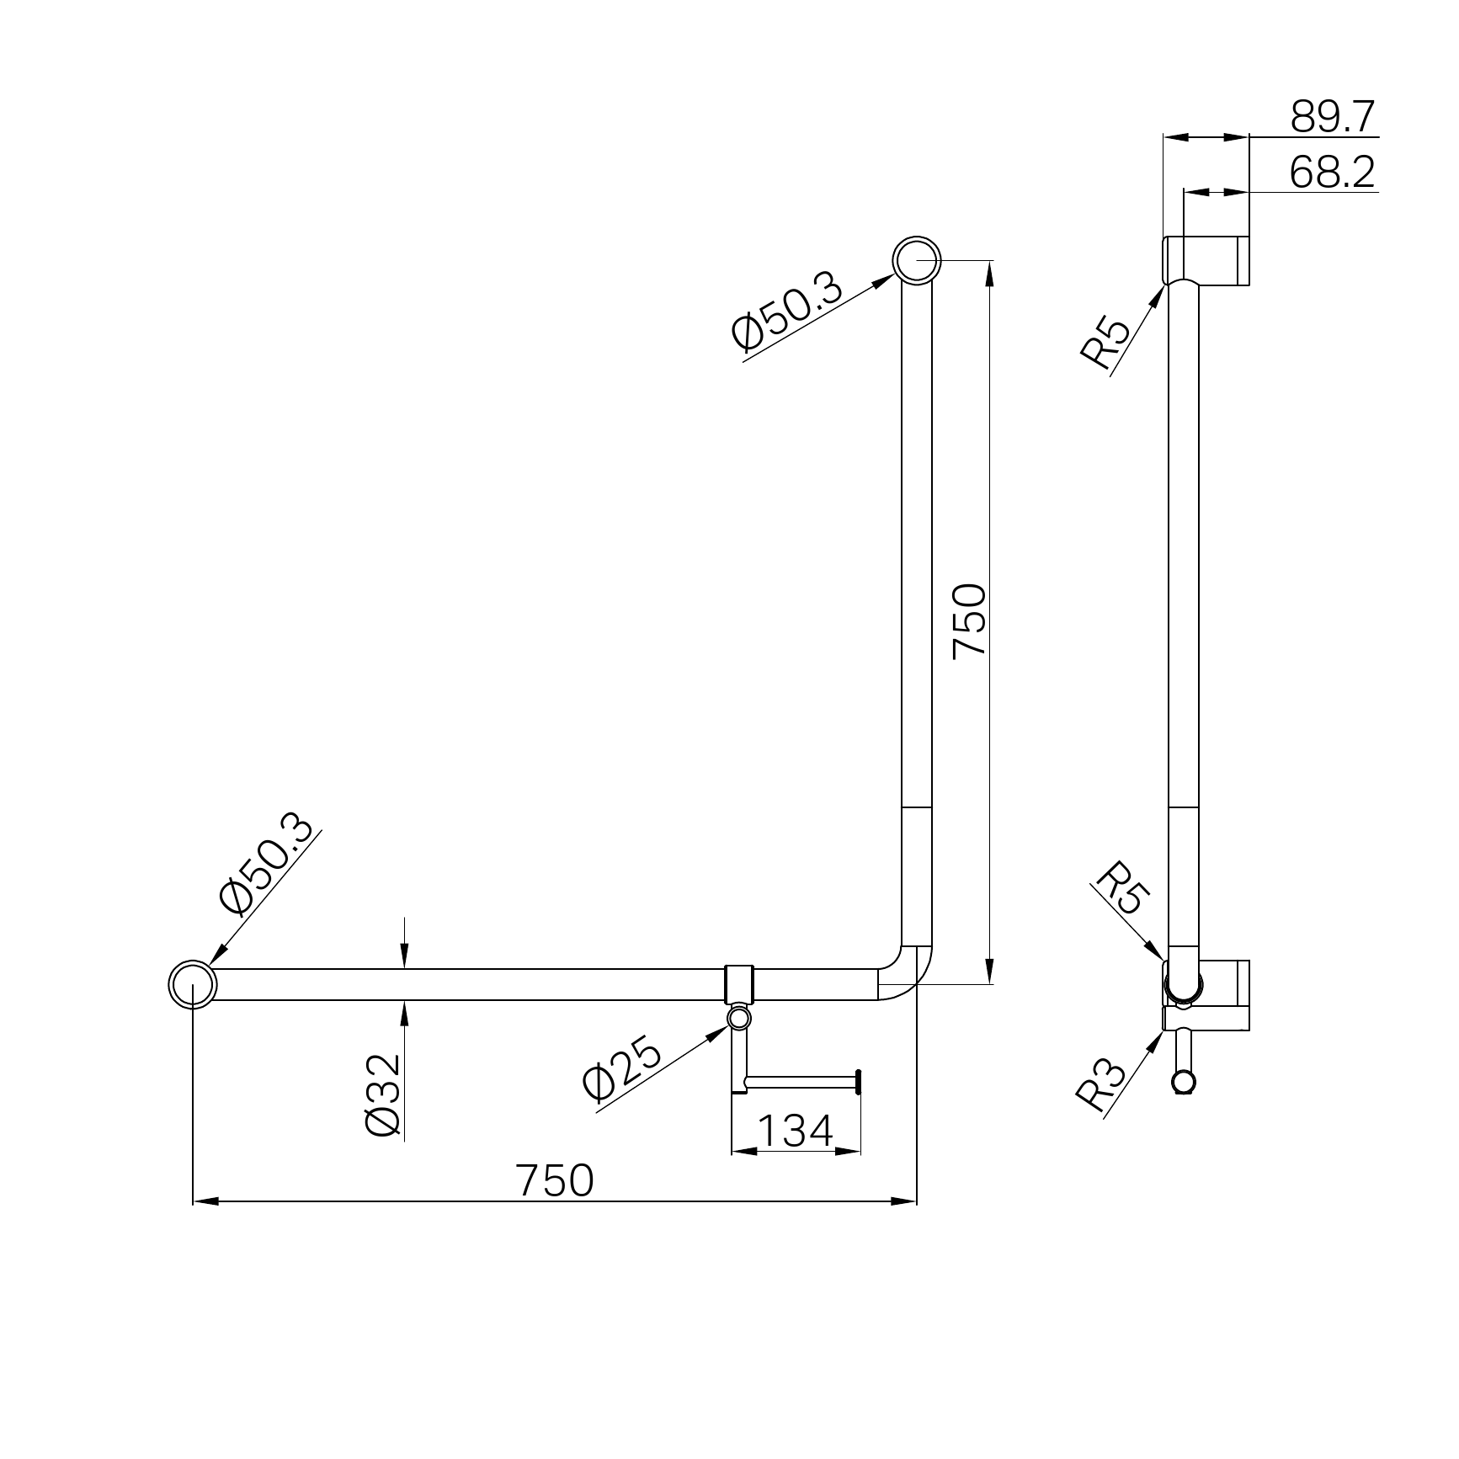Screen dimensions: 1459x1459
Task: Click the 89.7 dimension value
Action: (x=1333, y=117)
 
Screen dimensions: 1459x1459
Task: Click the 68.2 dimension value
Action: (x=1332, y=173)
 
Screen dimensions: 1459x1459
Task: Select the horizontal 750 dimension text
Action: (x=556, y=1180)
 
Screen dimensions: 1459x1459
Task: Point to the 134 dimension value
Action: (x=795, y=1132)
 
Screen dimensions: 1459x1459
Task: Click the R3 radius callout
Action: (x=1100, y=1085)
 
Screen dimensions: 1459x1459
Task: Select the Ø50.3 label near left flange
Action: (x=267, y=865)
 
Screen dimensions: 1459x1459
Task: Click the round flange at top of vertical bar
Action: (x=917, y=261)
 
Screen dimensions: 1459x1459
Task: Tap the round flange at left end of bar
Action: (x=193, y=983)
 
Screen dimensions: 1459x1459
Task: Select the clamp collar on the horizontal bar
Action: (x=739, y=983)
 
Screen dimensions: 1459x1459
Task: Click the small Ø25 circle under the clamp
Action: (x=739, y=1020)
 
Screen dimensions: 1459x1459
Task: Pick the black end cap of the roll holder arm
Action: (x=859, y=1082)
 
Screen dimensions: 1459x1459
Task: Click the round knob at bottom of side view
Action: (x=1184, y=1082)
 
